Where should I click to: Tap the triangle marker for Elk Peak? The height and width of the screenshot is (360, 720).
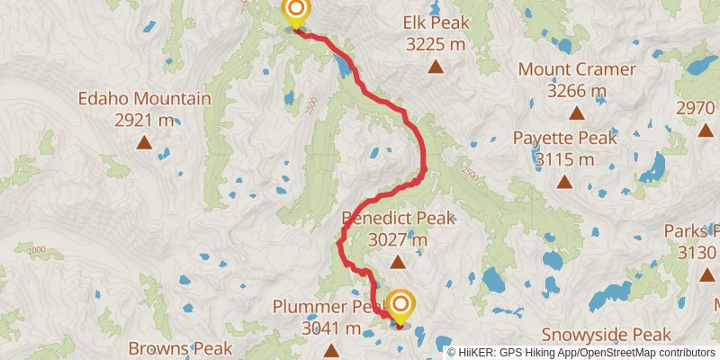tap(436, 66)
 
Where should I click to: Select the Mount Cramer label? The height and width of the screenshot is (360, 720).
tap(577, 69)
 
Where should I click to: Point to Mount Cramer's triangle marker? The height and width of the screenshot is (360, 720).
tap(577, 113)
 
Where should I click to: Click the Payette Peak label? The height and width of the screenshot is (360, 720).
tap(565, 138)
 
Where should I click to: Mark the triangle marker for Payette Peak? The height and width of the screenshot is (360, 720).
tap(564, 182)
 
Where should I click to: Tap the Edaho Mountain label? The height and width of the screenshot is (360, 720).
tap(144, 99)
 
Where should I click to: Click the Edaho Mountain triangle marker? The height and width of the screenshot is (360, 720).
tap(144, 142)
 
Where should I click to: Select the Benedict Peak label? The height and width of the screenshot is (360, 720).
tap(398, 218)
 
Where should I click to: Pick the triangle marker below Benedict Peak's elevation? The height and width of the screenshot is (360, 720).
tap(398, 262)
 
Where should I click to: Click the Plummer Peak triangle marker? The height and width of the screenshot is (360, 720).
tap(331, 350)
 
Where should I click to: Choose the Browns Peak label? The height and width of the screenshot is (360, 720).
tap(180, 347)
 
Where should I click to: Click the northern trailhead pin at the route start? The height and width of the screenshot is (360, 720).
tap(295, 13)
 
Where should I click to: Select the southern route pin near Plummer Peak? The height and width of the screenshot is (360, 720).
tap(399, 304)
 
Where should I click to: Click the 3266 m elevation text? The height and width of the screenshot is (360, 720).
tap(577, 90)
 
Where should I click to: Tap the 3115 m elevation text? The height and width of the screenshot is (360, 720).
tap(565, 158)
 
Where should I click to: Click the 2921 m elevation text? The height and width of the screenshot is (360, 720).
tap(144, 120)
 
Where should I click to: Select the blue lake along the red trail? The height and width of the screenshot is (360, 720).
tap(343, 64)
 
